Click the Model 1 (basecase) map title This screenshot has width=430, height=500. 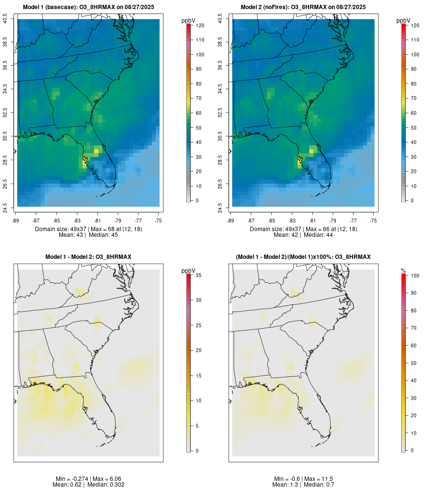tap(88, 7)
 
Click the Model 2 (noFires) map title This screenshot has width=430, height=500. tap(303, 7)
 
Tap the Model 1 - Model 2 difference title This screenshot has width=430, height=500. tap(88, 257)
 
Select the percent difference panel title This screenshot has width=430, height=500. tap(303, 257)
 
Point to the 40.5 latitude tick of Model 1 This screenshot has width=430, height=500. tap(5, 19)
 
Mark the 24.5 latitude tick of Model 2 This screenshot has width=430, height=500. tap(220, 207)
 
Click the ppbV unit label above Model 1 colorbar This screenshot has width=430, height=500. tap(189, 21)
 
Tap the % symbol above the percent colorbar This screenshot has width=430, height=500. tap(403, 271)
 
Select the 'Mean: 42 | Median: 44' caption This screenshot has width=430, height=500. tap(303, 235)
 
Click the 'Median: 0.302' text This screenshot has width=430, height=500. tap(104, 485)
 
